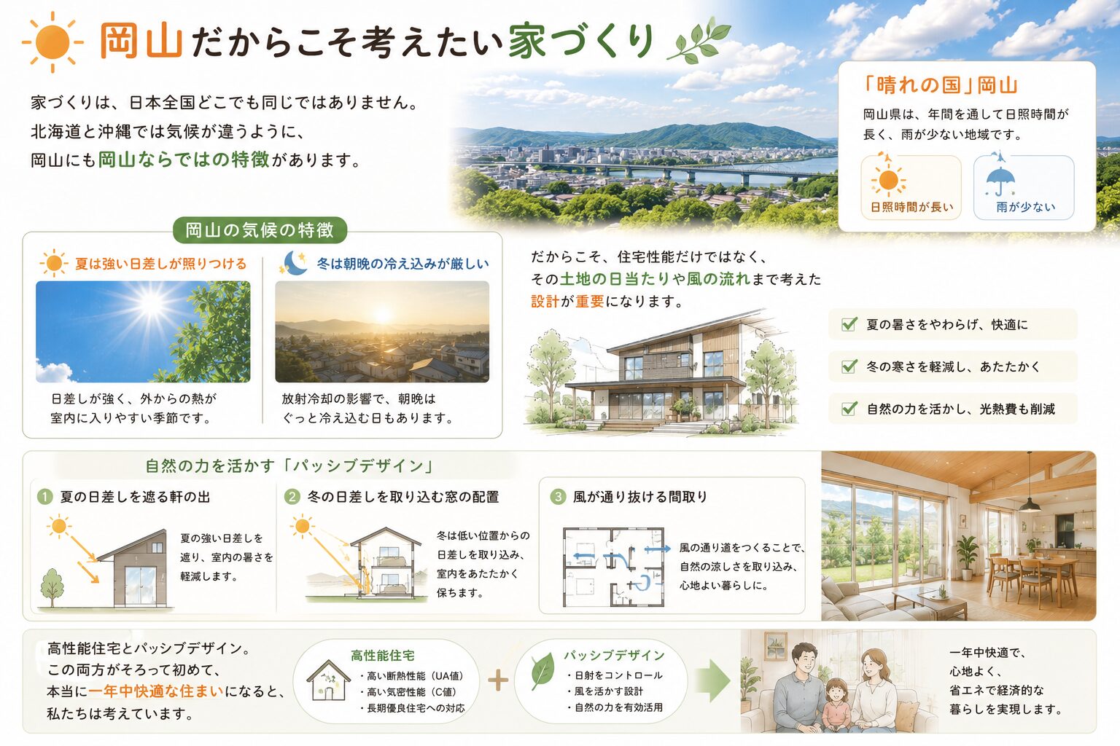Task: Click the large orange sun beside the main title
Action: coord(52,42)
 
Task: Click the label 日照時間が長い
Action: coord(912,207)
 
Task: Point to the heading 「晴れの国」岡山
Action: coord(940,85)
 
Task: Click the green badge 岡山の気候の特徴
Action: coord(260,229)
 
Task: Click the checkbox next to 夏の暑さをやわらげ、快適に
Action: coord(849,325)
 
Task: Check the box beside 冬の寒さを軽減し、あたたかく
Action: coord(849,366)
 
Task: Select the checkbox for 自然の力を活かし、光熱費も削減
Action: coord(849,409)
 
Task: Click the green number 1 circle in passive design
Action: coord(45,497)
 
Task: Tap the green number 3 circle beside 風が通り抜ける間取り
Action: coord(558,497)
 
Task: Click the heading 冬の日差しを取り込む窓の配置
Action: coord(403,497)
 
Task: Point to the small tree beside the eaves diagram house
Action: coord(52,586)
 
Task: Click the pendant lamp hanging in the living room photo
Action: coord(1030,505)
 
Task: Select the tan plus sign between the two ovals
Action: coord(498,680)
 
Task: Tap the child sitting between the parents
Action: coord(836,705)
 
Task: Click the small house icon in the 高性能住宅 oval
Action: coord(328,680)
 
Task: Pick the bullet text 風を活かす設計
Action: coord(605,691)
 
